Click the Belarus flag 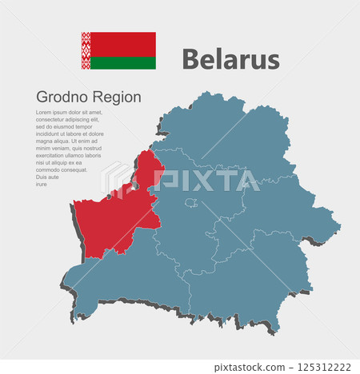coord(118,50)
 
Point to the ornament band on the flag coord(85,50)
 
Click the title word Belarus coord(230,59)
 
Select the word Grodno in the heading coord(59,97)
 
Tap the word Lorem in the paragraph coord(45,113)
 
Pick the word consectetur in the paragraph coord(54,120)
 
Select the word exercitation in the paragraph coord(54,156)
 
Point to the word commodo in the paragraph coord(50,170)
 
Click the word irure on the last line coord(42,184)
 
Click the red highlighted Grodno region coord(112,216)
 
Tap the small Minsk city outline coord(191,203)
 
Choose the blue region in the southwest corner coord(128,280)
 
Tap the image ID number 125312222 coord(324,367)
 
